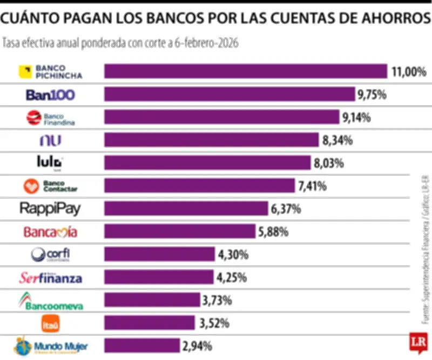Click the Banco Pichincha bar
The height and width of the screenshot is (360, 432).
[x=246, y=71]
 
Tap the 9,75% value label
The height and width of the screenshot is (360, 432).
[x=372, y=95]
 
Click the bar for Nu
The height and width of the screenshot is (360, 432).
[x=211, y=141]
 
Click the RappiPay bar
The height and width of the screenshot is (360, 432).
[x=186, y=209]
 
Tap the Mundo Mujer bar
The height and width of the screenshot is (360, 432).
[x=141, y=345]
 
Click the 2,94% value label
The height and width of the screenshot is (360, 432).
[x=197, y=345]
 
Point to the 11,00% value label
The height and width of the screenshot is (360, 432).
[x=409, y=71]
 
